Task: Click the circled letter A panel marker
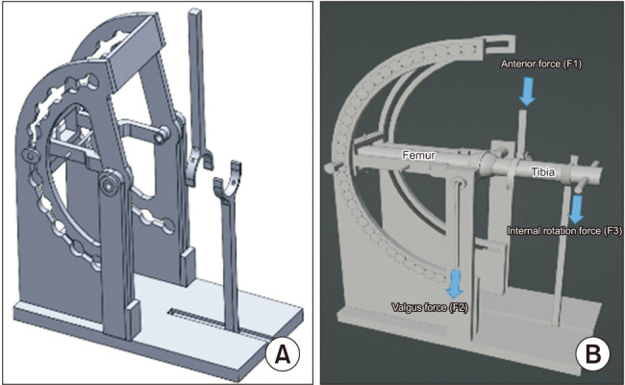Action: pyautogui.click(x=283, y=354)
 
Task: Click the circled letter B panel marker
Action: pyautogui.click(x=592, y=354)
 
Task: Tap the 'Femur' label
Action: pyautogui.click(x=417, y=155)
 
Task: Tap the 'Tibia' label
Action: pyautogui.click(x=542, y=172)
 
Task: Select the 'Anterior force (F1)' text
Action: pyautogui.click(x=541, y=64)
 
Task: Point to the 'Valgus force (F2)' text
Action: pyautogui.click(x=430, y=307)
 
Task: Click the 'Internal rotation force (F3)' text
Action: pyautogui.click(x=564, y=231)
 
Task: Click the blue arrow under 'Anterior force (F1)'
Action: pyautogui.click(x=527, y=91)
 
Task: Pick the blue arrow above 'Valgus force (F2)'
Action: pyautogui.click(x=455, y=284)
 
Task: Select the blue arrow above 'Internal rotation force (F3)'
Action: pyautogui.click(x=576, y=209)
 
